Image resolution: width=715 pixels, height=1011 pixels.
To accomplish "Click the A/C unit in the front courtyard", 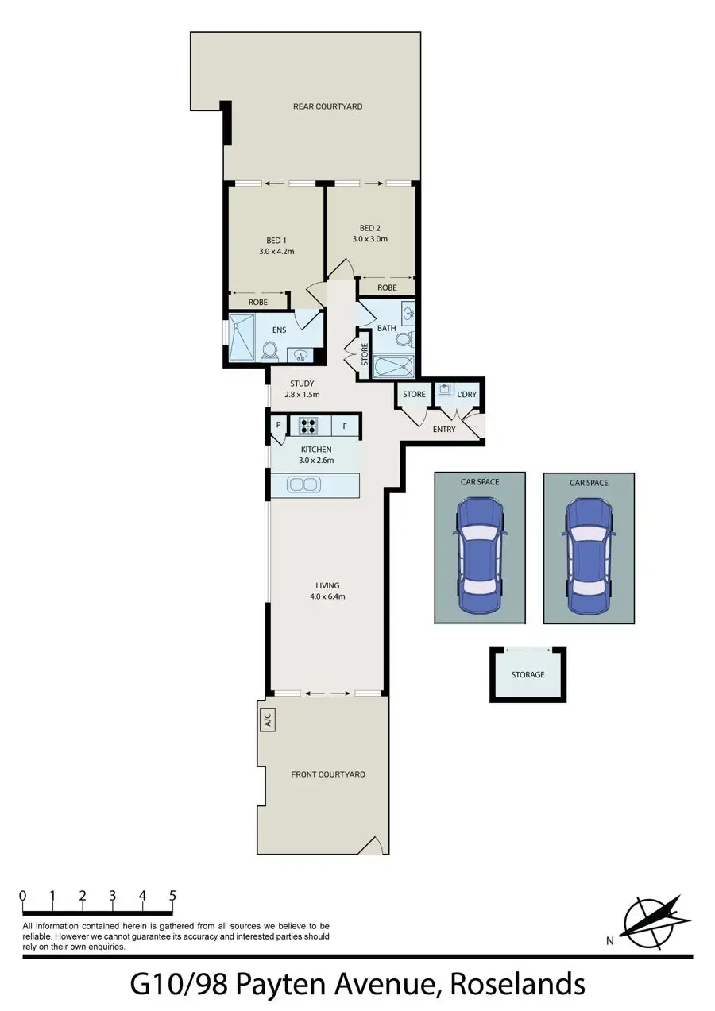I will click(x=268, y=721).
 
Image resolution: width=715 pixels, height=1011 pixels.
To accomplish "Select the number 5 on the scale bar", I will click(x=172, y=896).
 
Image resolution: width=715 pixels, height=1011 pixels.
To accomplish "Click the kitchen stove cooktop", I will click(x=308, y=426).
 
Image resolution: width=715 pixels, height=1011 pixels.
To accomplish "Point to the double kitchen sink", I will click(x=303, y=484).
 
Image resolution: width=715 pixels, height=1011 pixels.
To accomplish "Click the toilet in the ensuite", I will click(x=269, y=350).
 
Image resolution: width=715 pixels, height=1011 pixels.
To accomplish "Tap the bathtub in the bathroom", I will click(x=393, y=367).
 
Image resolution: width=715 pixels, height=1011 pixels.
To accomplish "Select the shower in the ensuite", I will click(x=242, y=338).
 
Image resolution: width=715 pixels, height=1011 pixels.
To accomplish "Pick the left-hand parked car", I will click(x=479, y=555).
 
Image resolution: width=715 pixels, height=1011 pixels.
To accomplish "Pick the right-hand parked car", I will click(x=589, y=555).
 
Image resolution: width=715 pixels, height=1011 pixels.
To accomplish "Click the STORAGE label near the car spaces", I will click(x=528, y=675).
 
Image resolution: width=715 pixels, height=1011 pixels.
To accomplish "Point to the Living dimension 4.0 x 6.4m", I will click(x=327, y=596).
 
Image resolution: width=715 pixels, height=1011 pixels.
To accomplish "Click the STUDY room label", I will click(x=302, y=384).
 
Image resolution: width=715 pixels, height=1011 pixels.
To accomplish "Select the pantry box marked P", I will click(x=279, y=426).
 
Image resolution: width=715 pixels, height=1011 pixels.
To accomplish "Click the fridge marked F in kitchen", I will click(x=345, y=426).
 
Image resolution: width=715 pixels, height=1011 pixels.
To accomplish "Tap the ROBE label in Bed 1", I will click(x=257, y=303).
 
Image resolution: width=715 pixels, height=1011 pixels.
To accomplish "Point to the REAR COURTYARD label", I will click(x=327, y=106).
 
